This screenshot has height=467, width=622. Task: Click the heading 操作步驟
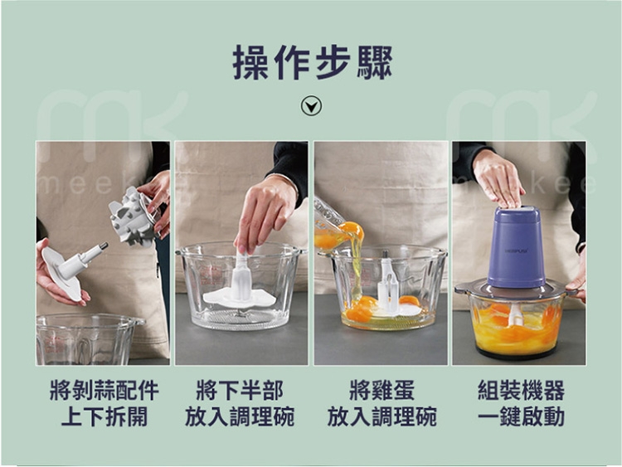point(312,64)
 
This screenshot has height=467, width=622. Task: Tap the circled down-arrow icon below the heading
point(312,105)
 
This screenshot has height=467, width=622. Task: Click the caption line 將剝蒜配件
point(104,390)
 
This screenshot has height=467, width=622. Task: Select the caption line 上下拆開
point(104,416)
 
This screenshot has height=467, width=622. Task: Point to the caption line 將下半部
point(240,390)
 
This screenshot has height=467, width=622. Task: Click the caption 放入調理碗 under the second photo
point(240,416)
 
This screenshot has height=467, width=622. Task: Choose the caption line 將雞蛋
point(381,390)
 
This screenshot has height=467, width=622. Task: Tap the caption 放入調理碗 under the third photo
point(381,416)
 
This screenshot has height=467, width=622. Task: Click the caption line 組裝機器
point(521,390)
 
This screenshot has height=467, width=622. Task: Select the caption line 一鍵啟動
point(521,416)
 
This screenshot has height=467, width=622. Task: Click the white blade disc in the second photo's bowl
point(240,294)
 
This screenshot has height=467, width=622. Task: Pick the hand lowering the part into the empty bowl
point(264,212)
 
